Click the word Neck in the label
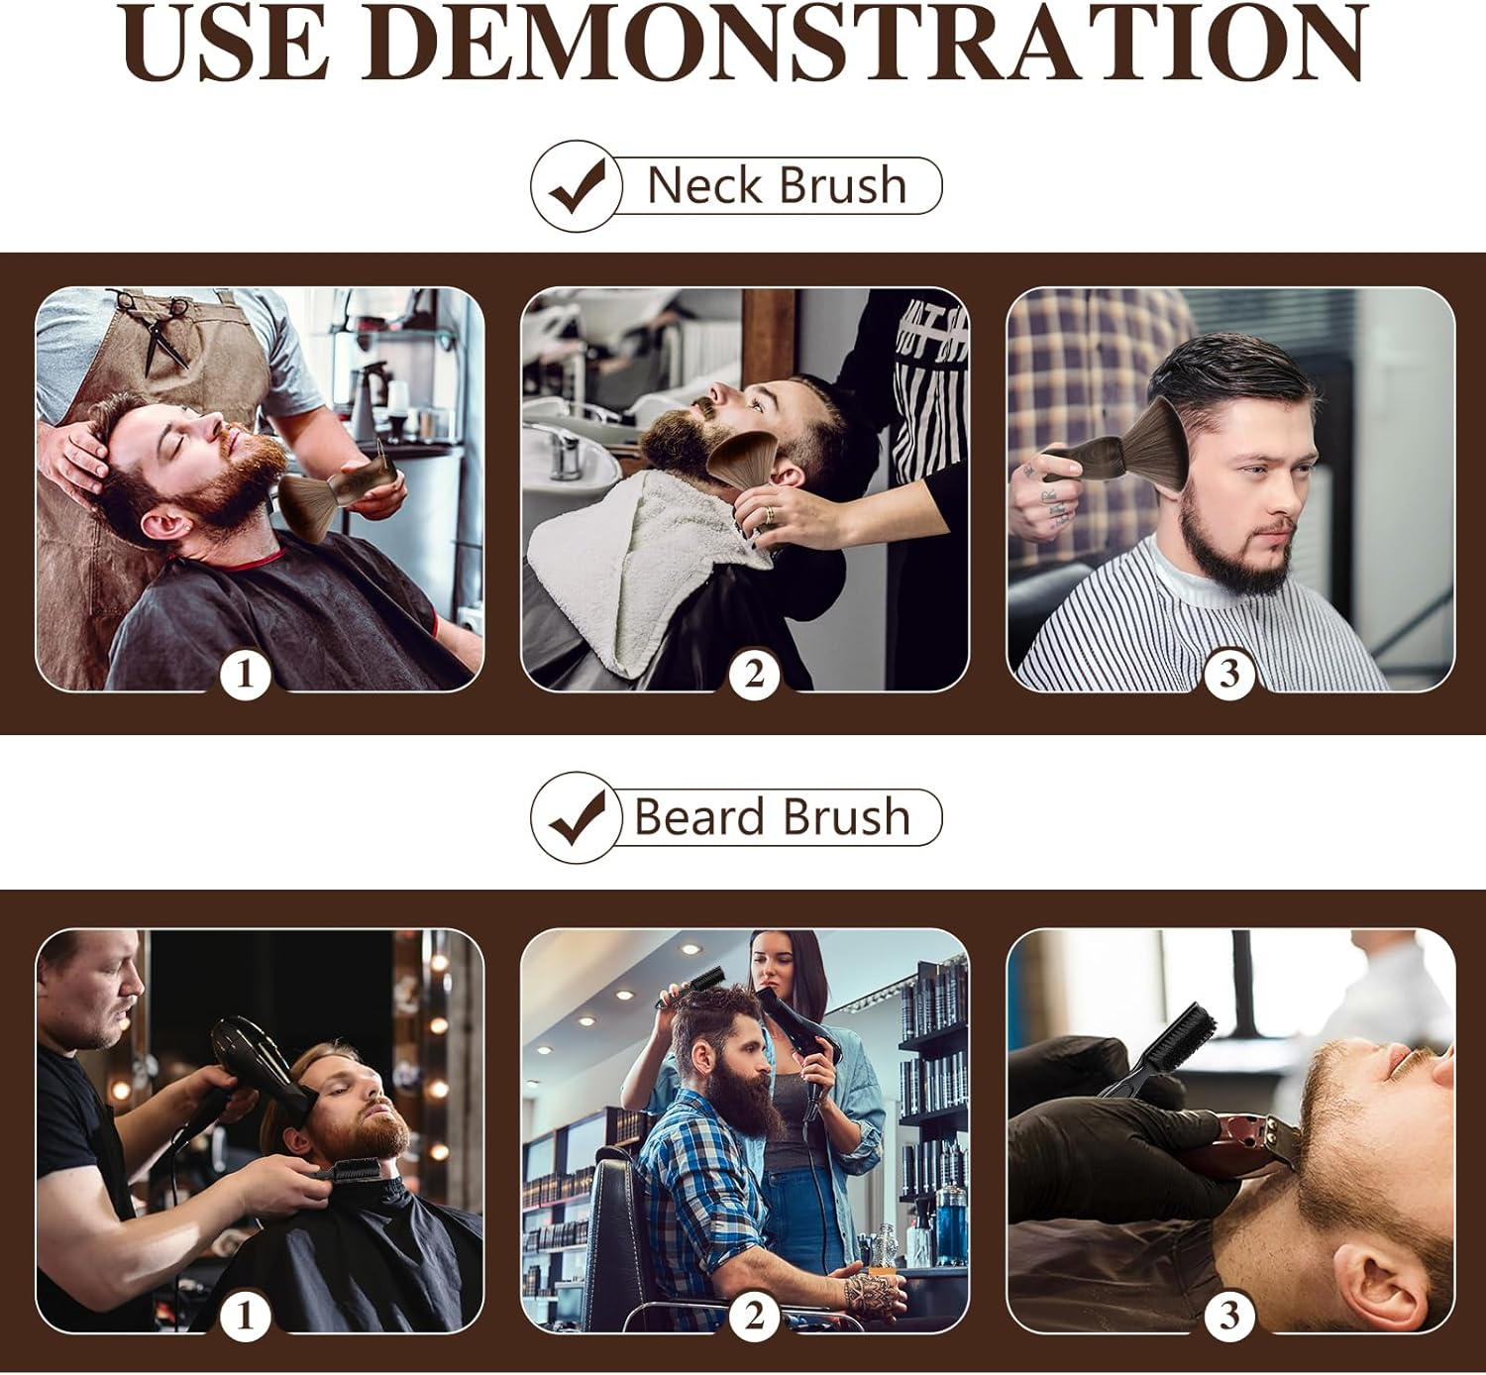pos(704,185)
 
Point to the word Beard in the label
pos(698,817)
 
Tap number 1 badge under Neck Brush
pos(245,676)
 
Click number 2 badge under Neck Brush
pos(754,676)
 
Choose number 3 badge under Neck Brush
pos(1229,676)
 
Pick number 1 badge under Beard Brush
pos(245,1316)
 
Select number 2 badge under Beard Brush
pos(754,1316)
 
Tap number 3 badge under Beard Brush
pos(1229,1316)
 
